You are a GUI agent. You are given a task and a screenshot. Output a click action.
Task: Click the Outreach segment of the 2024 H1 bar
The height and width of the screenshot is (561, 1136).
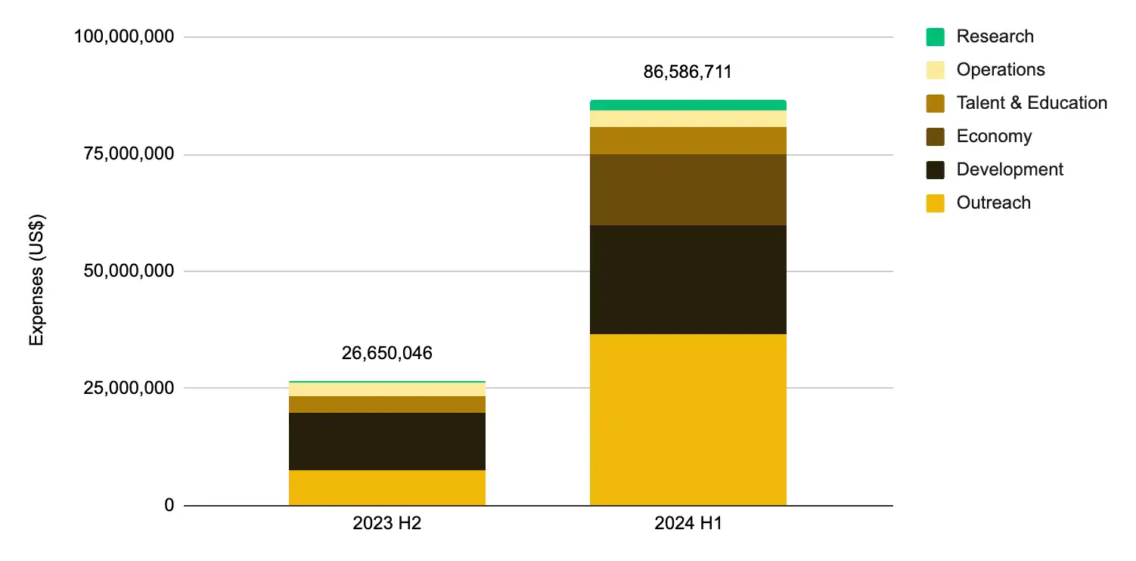point(687,420)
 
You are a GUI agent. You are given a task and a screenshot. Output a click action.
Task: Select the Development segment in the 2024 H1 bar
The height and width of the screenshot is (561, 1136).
point(687,280)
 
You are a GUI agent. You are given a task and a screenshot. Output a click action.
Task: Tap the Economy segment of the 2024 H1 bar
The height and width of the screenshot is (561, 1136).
point(687,190)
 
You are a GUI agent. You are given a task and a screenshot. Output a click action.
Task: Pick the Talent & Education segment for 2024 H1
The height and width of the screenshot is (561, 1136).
point(687,141)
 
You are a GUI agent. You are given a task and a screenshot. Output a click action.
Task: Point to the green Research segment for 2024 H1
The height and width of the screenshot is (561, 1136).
point(687,105)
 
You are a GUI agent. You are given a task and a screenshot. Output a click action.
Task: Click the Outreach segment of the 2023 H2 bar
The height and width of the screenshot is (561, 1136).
point(386,488)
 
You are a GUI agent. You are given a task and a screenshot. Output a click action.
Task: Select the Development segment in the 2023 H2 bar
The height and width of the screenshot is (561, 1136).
point(386,442)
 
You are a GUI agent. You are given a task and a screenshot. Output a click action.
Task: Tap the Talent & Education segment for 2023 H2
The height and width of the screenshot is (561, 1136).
point(386,404)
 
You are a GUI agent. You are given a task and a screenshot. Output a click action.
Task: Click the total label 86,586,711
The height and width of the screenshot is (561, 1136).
point(687,73)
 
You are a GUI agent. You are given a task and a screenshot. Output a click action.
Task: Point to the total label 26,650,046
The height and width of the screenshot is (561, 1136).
point(386,353)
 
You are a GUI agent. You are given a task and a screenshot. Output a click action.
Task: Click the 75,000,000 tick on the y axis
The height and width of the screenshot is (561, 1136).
point(125,154)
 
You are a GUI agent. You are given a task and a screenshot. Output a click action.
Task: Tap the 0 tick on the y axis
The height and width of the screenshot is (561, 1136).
point(168,505)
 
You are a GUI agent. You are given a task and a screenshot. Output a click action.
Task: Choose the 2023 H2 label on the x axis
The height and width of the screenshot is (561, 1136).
point(386,523)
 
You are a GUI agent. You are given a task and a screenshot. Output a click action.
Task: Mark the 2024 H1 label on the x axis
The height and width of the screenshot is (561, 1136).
point(687,523)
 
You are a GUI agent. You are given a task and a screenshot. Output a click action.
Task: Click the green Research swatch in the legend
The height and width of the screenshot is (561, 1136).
point(935,37)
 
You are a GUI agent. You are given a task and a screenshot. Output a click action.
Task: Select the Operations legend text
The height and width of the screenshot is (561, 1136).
point(1000,70)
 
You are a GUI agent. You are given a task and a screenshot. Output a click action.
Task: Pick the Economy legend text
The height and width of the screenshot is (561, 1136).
point(994,136)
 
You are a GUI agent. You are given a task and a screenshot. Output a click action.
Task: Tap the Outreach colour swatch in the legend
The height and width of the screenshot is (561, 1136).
point(935,203)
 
